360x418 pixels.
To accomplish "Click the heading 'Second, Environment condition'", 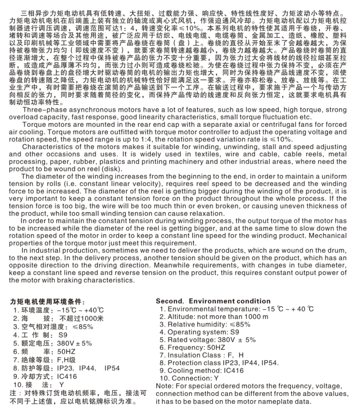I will pos(213,301).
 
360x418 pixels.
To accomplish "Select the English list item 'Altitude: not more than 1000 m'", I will pos(214,316).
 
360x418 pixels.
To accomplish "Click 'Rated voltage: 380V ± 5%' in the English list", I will pos(208,340).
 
